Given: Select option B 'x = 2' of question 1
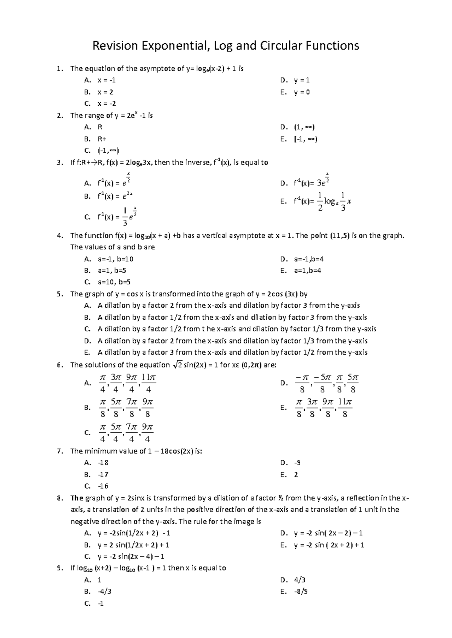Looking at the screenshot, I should pos(105,92).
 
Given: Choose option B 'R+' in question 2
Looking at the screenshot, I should pos(102,139).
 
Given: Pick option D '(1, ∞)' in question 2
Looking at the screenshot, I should pos(304,127).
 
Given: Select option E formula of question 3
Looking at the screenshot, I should pos(322,201).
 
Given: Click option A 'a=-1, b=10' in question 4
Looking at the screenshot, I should pos(115,259).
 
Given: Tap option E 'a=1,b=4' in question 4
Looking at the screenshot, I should pos(307,270).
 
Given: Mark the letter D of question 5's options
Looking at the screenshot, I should pos(87,341).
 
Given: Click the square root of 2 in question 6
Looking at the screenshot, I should pos(177,365).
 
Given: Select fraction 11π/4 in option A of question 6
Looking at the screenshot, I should pos(149,383).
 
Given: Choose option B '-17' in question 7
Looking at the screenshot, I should pos(103,474).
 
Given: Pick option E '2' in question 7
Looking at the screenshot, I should pos(296,474).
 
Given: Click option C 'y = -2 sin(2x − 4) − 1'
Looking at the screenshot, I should pos(131,556).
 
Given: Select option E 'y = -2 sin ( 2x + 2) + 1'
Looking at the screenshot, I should pos(329,545).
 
